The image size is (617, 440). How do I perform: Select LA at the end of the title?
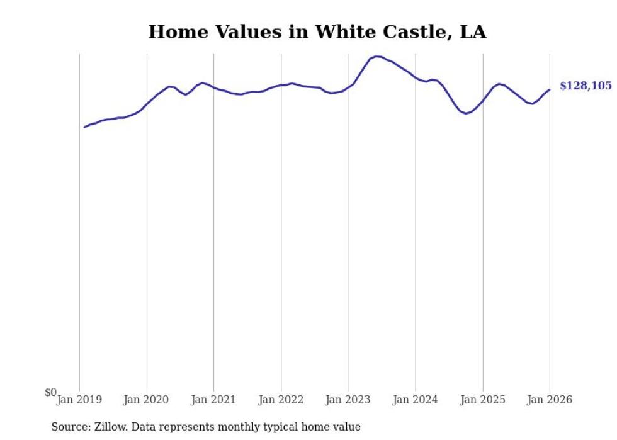coord(473,32)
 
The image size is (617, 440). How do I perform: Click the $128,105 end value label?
coord(585,86)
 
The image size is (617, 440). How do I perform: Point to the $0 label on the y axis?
coord(50,393)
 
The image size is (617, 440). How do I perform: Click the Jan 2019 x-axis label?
coord(79,400)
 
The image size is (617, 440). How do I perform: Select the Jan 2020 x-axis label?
coord(147,400)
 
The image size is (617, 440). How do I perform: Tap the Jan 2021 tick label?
coord(213,400)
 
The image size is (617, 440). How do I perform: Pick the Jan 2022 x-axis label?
coord(281,400)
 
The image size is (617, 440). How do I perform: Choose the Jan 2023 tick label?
coord(348,400)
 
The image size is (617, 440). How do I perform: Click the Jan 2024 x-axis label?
coord(416,400)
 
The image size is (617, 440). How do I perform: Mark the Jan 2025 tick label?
coord(482,400)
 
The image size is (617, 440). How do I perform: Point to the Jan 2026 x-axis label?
coord(550,400)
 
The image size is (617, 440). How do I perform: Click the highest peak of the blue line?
coord(376,56)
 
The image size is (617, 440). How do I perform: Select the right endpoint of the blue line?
coord(550,89)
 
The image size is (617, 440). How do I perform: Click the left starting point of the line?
coord(84,127)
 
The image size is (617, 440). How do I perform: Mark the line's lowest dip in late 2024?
coord(465,113)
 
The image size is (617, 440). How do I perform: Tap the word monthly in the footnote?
coord(230,427)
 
